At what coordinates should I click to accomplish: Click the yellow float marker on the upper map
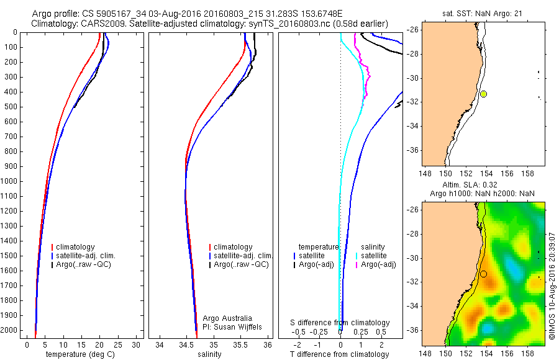tap(483, 94)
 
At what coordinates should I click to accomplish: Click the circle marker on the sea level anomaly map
tap(483, 274)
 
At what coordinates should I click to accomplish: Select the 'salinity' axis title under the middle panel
tap(209, 354)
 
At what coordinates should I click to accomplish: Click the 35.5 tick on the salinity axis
tap(241, 344)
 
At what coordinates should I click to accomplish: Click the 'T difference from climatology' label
tap(340, 354)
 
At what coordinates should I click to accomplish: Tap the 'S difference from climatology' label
tap(340, 323)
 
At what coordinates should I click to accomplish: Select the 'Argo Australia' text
tap(227, 318)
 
